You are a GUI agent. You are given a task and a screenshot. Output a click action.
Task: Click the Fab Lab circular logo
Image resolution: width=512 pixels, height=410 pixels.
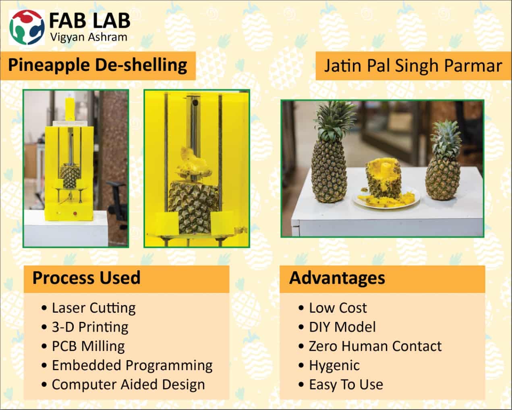point(27,27)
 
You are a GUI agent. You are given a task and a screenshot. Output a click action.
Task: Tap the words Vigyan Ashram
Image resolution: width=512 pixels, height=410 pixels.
point(89,37)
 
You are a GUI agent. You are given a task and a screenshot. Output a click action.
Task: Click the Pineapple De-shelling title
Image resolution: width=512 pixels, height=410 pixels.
point(97,65)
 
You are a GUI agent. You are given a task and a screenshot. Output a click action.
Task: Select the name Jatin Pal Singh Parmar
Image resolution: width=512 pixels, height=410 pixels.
point(413,66)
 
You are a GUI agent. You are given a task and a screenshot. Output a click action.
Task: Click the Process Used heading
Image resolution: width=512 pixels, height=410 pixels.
point(86,278)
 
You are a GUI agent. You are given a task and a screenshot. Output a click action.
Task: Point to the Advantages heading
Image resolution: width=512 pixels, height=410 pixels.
point(337,278)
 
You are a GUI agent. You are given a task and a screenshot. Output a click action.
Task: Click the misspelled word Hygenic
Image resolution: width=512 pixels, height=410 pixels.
point(334,366)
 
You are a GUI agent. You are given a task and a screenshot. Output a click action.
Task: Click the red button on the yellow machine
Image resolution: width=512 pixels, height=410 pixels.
point(75,213)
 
